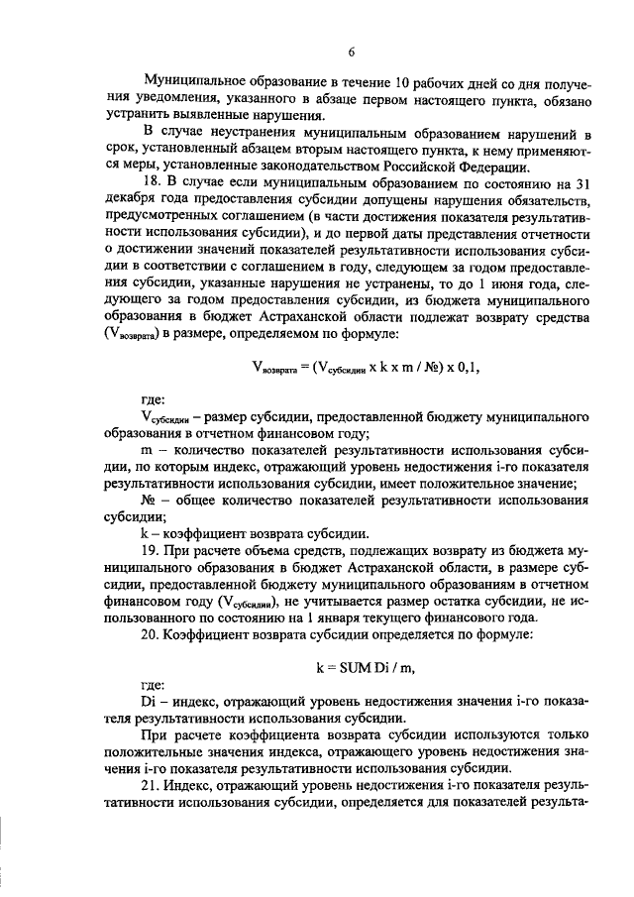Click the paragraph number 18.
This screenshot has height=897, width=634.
click(x=153, y=181)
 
